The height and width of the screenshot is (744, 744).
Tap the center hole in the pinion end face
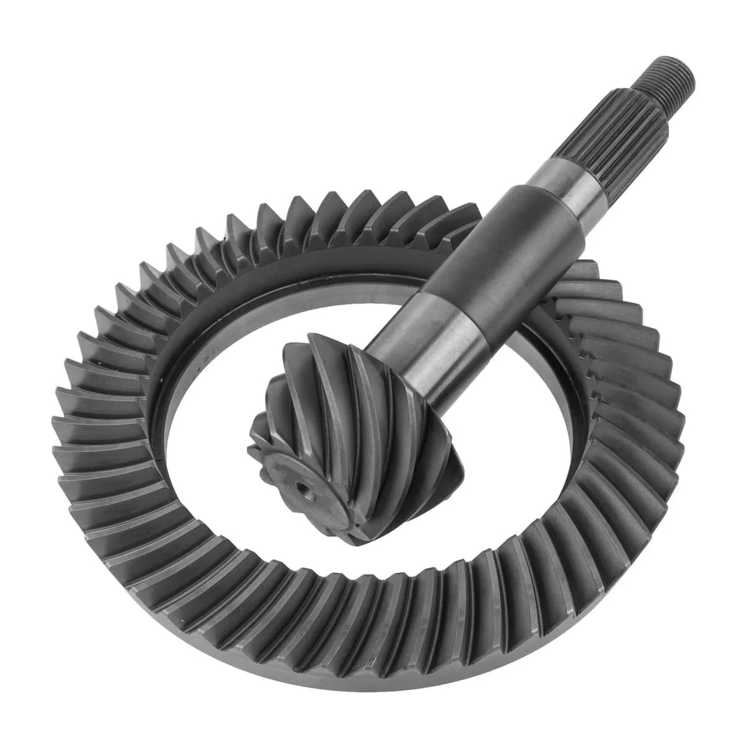point(305,494)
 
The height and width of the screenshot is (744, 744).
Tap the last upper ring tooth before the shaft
point(462,214)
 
